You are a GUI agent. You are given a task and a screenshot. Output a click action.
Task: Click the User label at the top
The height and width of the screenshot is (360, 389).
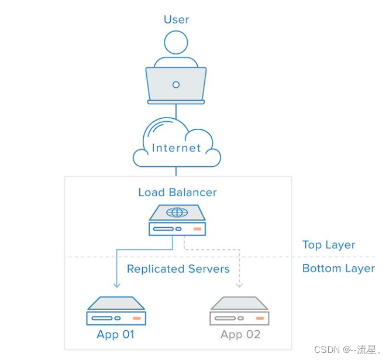tap(176, 19)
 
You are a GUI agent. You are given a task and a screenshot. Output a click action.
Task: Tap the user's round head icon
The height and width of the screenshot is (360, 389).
tap(176, 43)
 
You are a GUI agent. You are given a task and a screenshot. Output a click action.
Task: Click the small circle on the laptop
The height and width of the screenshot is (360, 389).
tap(176, 85)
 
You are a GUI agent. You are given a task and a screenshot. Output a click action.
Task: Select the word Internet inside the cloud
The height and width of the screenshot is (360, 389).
tap(176, 148)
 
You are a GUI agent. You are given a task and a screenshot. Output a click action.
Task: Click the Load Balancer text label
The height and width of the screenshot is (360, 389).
tap(177, 192)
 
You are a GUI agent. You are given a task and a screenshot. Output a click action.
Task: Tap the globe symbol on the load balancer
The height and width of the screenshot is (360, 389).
tap(177, 212)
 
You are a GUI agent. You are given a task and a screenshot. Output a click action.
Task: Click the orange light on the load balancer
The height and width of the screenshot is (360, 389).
tap(197, 229)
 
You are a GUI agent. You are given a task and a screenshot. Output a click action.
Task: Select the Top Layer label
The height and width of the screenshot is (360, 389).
tap(328, 245)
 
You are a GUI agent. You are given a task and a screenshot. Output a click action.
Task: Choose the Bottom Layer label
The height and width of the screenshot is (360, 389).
tap(338, 268)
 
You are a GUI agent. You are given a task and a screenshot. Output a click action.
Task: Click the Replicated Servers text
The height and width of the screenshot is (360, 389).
tap(178, 269)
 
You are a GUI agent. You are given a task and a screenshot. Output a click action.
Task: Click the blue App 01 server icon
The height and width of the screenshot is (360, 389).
tap(116, 311)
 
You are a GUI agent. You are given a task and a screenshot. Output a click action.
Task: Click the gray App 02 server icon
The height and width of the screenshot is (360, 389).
tap(239, 311)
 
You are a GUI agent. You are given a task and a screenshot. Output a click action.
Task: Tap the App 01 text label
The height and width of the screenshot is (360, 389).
tap(116, 334)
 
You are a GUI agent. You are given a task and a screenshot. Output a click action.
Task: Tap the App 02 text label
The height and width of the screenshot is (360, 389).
tap(239, 334)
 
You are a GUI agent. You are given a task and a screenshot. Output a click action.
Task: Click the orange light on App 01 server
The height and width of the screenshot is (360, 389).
tap(137, 318)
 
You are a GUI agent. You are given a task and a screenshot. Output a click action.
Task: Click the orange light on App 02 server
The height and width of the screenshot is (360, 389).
tap(260, 318)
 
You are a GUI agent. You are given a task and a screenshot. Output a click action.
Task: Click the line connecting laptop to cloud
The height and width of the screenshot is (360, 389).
tap(176, 111)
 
